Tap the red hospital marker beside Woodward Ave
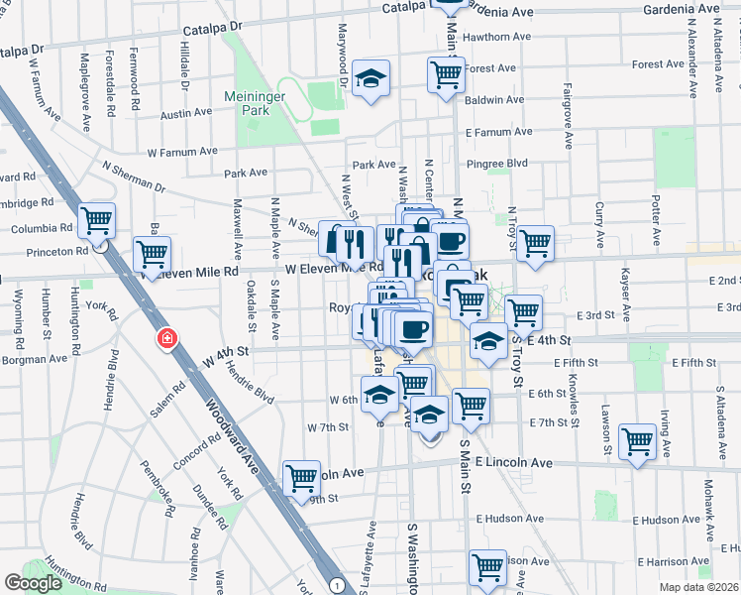point(167,339)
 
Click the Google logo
point(33,583)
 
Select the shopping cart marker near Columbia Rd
point(97,220)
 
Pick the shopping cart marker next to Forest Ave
point(446,72)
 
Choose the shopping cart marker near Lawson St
point(637,440)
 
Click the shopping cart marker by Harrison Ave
point(487,567)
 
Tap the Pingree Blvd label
point(502,162)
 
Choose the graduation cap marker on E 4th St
point(488,340)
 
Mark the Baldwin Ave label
point(491,100)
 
